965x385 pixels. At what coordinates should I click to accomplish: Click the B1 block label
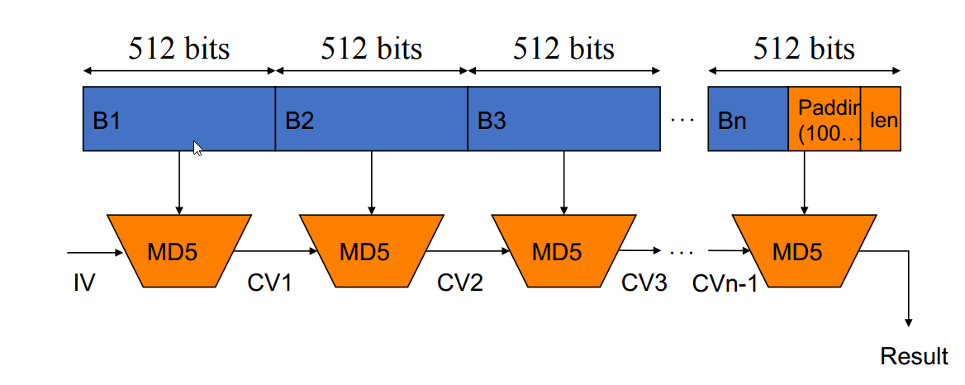[107, 121]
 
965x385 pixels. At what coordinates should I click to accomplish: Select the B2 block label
[299, 121]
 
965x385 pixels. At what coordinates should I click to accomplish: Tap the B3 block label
[492, 121]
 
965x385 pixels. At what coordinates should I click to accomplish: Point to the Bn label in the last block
[732, 121]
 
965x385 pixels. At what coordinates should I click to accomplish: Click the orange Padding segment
[824, 119]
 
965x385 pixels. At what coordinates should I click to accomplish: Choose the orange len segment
[881, 119]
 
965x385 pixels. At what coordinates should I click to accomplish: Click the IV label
[83, 283]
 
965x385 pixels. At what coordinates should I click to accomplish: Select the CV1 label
[269, 283]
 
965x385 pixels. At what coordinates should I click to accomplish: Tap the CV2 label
[460, 283]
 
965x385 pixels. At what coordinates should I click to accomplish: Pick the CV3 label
[644, 283]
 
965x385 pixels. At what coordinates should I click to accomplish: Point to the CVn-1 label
[725, 284]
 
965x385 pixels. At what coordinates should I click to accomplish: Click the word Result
[914, 356]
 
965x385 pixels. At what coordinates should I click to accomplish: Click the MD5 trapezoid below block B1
[179, 251]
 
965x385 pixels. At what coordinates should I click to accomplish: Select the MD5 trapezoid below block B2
[371, 251]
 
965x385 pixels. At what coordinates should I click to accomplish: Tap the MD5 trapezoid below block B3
[563, 251]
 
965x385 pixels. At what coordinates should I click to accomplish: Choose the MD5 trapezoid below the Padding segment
[804, 251]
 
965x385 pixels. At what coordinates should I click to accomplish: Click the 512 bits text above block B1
[179, 49]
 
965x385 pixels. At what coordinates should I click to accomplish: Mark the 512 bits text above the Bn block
[804, 49]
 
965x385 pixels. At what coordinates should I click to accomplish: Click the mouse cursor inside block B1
[198, 148]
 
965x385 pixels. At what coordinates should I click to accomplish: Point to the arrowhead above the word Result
[908, 324]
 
